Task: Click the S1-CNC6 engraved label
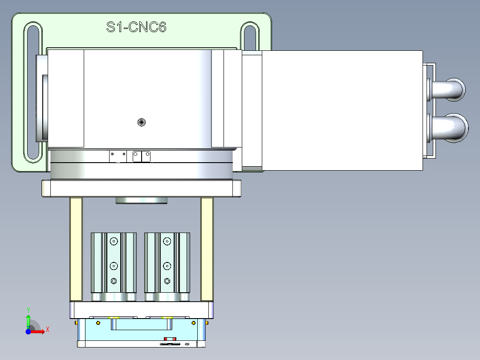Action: (136, 28)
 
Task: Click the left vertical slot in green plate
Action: (34, 93)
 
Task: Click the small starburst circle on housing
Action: (142, 122)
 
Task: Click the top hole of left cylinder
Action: (114, 241)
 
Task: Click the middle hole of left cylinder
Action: (114, 266)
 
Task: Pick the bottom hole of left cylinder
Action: (114, 281)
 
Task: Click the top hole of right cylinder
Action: (167, 241)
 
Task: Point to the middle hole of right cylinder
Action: (167, 266)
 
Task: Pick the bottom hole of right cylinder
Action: (167, 281)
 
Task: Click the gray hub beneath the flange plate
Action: (141, 200)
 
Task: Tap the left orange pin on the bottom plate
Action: (77, 323)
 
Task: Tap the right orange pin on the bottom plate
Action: (207, 323)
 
